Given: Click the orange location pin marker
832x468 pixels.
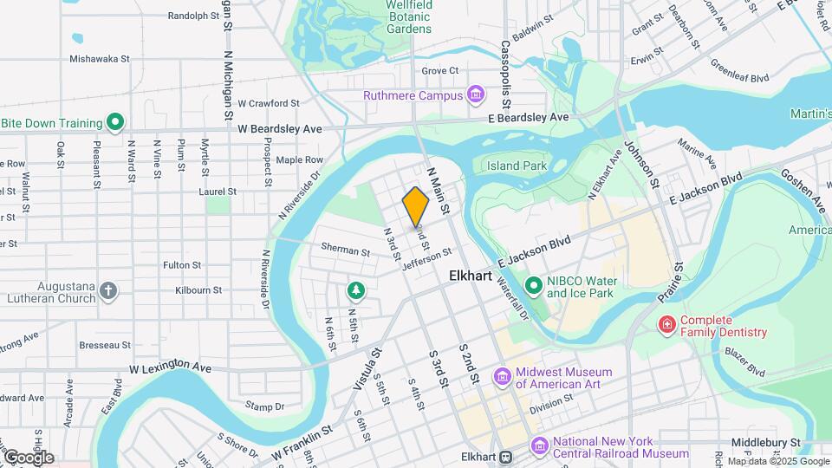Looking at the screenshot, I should (x=416, y=205).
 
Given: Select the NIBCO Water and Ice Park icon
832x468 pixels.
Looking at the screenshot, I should (x=536, y=285).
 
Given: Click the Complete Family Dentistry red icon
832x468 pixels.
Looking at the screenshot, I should (x=666, y=325).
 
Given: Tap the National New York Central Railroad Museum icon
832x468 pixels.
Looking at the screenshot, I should (x=539, y=446).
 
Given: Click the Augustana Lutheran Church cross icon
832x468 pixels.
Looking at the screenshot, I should (x=107, y=291).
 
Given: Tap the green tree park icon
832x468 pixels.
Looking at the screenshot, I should (x=354, y=289).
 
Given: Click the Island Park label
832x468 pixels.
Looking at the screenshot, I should (x=516, y=166).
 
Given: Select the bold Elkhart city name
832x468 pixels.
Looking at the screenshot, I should (x=472, y=276).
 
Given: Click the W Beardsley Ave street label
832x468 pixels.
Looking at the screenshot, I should (x=280, y=128).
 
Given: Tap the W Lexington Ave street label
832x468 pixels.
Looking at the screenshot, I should (x=171, y=368).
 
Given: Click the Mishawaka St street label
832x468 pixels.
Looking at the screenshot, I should (x=100, y=60).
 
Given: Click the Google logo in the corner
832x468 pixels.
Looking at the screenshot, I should (x=29, y=457).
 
